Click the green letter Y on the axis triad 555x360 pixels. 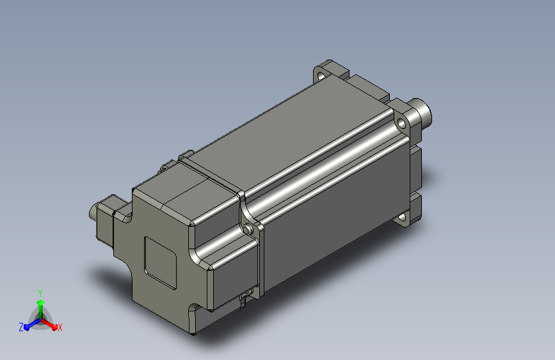[x=40, y=293]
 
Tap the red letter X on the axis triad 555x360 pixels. [x=60, y=327]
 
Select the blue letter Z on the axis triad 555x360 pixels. [x=21, y=327]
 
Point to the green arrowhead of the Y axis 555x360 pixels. [x=41, y=302]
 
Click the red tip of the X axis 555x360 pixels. [x=54, y=327]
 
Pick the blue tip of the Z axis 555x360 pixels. [x=26, y=327]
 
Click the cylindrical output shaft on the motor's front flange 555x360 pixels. [x=421, y=112]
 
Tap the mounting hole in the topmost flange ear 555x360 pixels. [x=321, y=76]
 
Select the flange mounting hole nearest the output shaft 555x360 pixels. [x=401, y=124]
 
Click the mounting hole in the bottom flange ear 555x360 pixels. [x=402, y=217]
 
